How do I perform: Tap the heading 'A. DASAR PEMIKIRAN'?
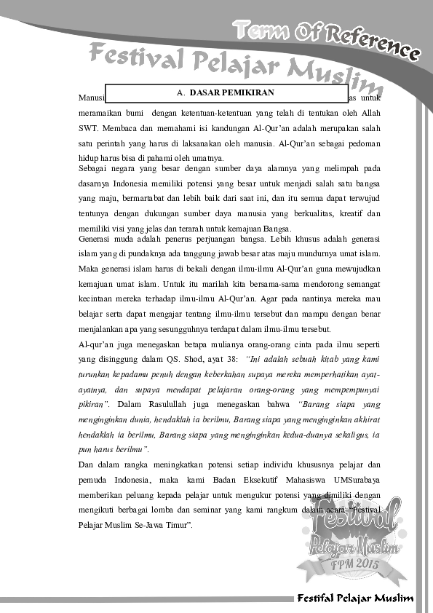226,93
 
